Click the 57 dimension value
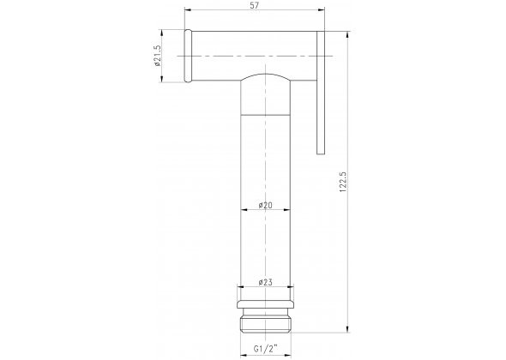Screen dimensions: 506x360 coord(255,5)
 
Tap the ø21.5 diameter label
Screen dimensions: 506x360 coord(157,56)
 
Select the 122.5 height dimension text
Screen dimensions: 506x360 coord(343,183)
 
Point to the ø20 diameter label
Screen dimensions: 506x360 coord(266,205)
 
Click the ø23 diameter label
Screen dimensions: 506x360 coord(266,282)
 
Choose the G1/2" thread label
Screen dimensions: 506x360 coord(266,349)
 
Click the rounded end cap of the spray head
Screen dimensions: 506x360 coord(188,56)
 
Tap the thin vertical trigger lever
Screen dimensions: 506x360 coord(321,93)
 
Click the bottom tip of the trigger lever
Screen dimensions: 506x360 coord(321,154)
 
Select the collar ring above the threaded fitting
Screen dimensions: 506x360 coord(266,304)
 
